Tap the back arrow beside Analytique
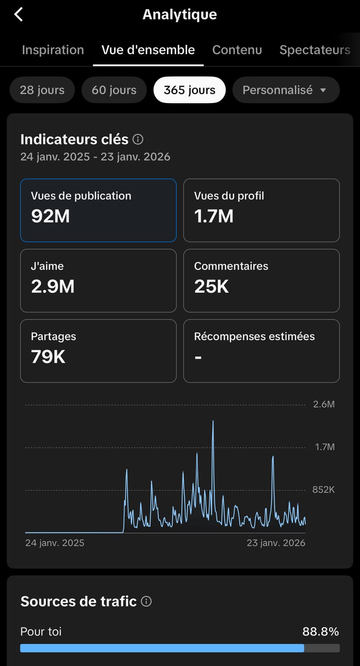19,14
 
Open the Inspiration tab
53,50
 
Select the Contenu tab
237,50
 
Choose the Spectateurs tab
315,50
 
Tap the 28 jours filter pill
42,90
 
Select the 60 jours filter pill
114,90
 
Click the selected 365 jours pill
190,90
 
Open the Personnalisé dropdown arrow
323,90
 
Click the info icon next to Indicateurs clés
138,139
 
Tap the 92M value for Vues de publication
50,216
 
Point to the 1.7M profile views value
214,216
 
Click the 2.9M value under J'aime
53,286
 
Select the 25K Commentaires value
211,286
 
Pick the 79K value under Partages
48,357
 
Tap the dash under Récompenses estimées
198,357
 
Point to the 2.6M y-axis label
324,404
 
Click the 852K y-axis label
324,489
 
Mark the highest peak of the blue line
213,421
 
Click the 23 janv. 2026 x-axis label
276,543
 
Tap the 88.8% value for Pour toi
320,631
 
